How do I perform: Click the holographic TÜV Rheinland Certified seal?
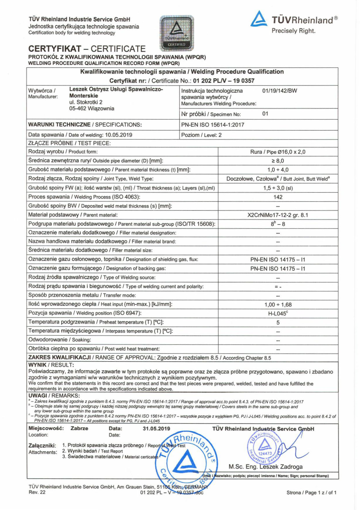[177, 33]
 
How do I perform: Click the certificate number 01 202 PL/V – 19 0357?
[224, 81]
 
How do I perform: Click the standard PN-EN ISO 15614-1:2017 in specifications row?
[213, 125]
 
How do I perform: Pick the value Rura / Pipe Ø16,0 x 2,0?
[278, 152]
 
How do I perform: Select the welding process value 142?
[278, 197]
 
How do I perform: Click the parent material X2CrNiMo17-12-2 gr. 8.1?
[278, 215]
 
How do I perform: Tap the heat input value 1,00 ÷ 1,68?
[278, 305]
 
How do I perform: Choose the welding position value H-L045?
[278, 314]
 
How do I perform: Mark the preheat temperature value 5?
[278, 323]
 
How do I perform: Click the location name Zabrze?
[79, 428]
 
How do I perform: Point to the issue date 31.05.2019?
[156, 429]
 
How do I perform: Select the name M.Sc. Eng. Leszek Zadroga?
[265, 467]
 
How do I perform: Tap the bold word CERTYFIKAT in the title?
[55, 49]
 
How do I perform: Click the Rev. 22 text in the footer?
[37, 492]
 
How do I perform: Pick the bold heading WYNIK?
[37, 365]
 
